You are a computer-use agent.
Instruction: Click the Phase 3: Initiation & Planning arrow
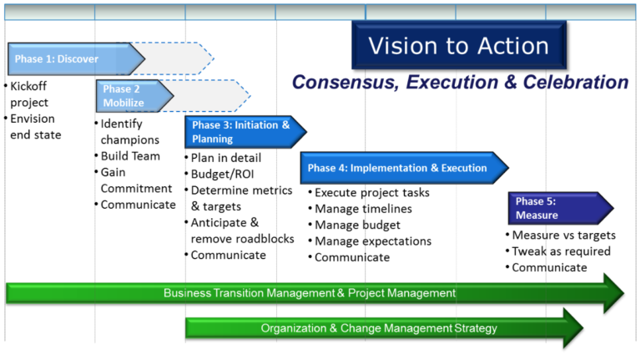(240, 132)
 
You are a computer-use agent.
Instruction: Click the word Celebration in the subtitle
(576, 83)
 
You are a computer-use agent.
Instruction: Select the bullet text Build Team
(130, 156)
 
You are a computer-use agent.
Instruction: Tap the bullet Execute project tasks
(371, 193)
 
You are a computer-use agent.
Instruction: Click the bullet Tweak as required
(560, 251)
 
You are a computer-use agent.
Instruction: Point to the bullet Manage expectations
(372, 241)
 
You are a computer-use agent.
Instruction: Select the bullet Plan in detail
(225, 158)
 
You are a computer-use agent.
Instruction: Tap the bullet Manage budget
(357, 225)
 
